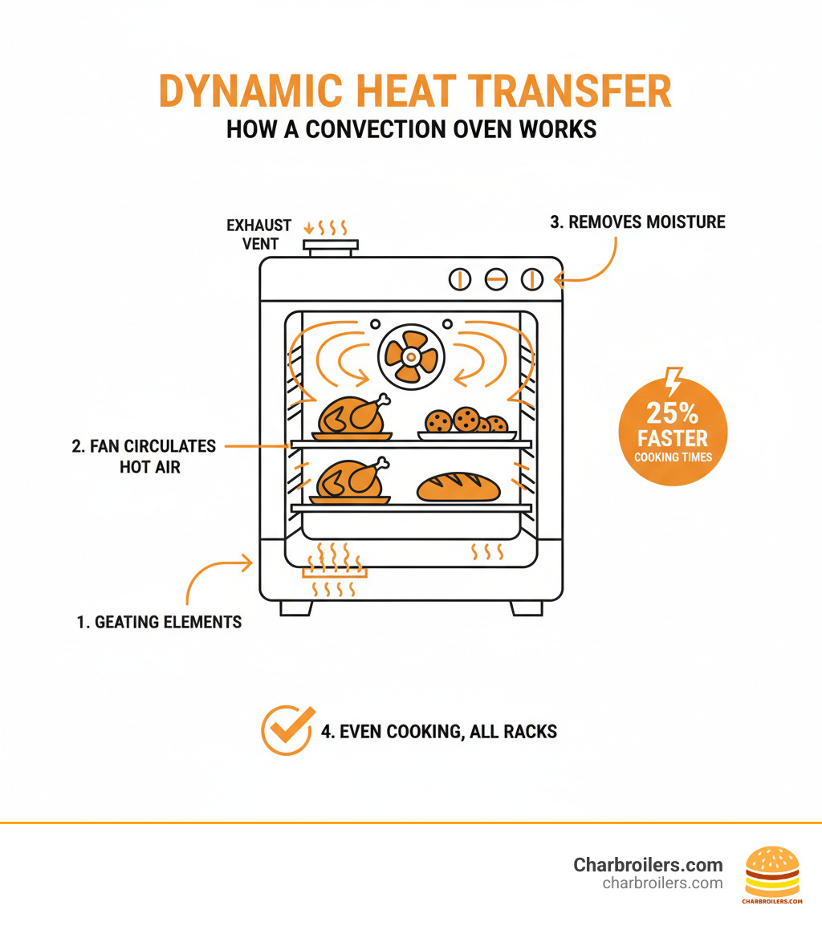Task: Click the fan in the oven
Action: coord(410,355)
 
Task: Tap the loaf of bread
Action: coord(458,487)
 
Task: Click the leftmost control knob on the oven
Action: coord(460,279)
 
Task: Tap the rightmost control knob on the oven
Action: coord(532,279)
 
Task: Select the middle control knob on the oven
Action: coord(496,279)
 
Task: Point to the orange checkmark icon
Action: coord(287,730)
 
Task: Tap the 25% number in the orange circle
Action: coord(673,413)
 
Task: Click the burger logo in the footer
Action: coord(772,871)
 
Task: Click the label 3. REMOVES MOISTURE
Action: coord(637,222)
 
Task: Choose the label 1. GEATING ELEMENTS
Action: coord(159,622)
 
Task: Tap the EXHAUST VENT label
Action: coord(258,234)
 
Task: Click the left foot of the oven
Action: coord(295,607)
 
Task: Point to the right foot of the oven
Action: coord(527,607)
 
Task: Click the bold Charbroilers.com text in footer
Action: coord(648,865)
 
